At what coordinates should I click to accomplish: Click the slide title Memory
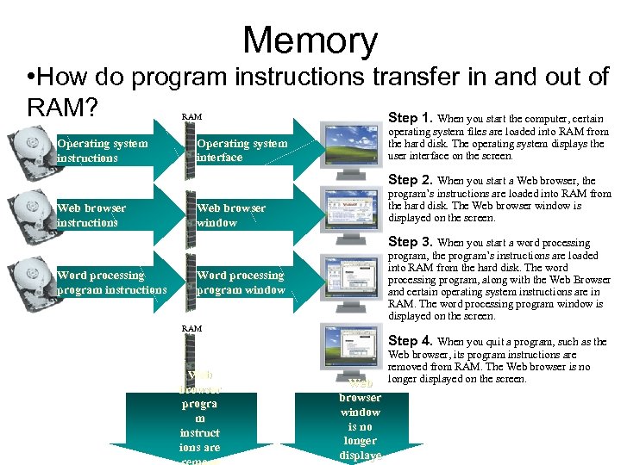tap(310, 40)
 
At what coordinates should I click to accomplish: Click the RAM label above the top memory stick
tap(191, 115)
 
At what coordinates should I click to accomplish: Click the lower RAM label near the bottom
tap(191, 329)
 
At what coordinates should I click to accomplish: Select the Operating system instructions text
tap(102, 151)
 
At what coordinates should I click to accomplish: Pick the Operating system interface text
tap(241, 151)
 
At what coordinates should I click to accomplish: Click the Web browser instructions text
tap(91, 215)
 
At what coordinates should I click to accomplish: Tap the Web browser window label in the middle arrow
tap(231, 215)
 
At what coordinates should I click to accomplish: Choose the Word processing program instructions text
tap(111, 282)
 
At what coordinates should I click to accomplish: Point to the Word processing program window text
tap(241, 282)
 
